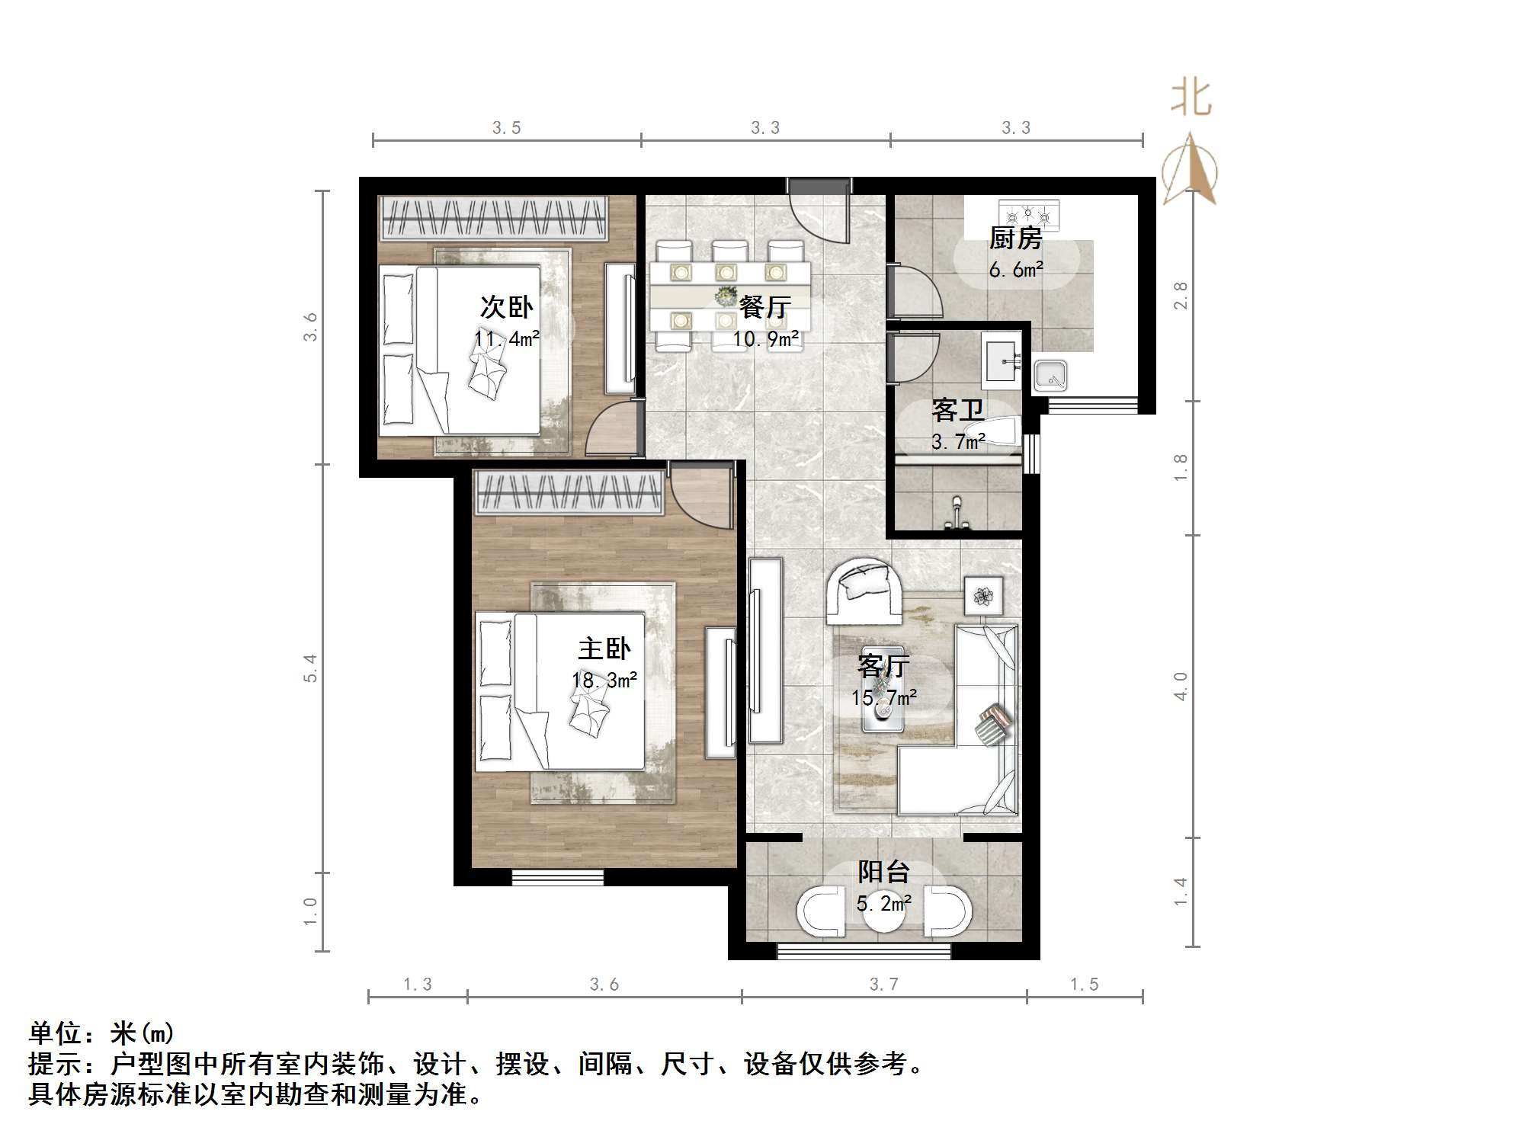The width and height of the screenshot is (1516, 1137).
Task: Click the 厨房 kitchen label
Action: coord(1014,239)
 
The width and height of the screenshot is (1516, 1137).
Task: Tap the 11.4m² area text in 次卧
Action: coord(506,339)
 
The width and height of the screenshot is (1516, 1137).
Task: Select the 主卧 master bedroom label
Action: coord(604,649)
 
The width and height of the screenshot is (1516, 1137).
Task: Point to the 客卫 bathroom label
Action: coord(957,412)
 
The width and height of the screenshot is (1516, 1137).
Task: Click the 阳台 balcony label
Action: coord(883,872)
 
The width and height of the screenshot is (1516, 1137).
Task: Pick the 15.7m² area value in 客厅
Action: coord(883,697)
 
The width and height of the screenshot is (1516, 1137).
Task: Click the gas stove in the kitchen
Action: coord(1029,215)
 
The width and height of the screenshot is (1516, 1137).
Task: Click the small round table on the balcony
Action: coord(883,918)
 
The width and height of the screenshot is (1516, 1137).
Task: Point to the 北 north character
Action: coord(1191,99)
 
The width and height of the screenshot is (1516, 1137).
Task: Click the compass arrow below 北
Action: coord(1191,169)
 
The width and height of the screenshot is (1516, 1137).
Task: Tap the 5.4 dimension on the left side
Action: coord(310,668)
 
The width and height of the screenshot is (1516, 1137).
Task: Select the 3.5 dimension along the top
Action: coord(506,128)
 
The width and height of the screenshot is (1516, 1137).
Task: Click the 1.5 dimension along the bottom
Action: coord(1084,985)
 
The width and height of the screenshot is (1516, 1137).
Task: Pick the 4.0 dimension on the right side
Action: coord(1181,687)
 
